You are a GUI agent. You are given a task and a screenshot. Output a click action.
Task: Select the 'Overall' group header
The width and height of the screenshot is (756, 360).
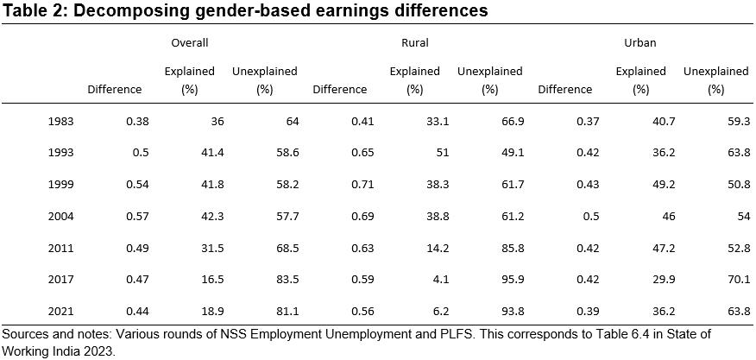point(191,41)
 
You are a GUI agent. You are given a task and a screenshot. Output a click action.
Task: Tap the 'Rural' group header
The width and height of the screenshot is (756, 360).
point(415,41)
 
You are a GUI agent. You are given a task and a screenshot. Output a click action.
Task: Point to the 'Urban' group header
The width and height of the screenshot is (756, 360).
point(639,41)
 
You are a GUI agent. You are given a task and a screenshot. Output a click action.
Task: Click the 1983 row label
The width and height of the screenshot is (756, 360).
point(61,122)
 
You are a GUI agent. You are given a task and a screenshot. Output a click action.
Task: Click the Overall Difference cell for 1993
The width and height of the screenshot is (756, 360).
point(141,153)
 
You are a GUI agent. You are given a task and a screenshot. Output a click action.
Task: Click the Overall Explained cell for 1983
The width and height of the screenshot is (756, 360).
point(216,122)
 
